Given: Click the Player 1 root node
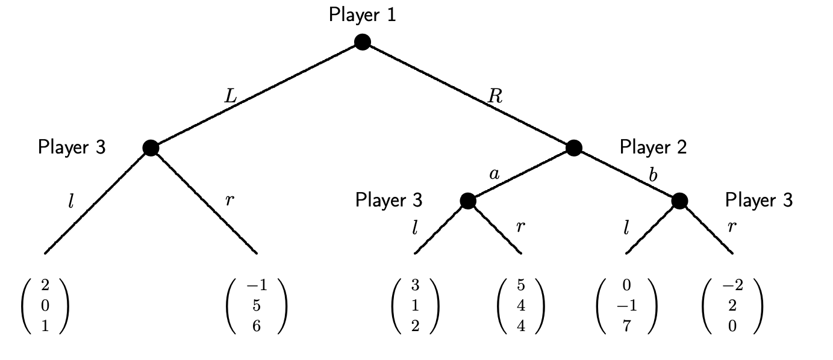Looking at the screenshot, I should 362,42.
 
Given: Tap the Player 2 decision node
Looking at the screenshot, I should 573,147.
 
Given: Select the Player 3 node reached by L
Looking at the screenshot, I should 151,147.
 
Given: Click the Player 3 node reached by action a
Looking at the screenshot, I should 468,200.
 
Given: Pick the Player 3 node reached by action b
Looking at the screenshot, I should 679,200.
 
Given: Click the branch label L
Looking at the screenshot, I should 231,97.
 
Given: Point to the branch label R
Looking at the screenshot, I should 495,97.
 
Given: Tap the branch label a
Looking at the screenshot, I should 494,175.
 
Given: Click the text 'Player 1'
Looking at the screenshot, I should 363,14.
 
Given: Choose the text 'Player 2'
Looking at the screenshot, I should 653,146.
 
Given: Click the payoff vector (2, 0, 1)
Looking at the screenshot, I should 45,306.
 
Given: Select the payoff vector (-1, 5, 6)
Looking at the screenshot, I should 257,306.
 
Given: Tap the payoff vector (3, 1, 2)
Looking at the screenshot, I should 415,306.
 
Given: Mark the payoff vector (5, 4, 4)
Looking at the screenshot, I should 521,306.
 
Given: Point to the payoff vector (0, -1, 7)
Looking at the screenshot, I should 626,306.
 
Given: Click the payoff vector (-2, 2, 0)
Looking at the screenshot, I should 732,306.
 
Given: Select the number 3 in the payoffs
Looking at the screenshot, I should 415,285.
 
